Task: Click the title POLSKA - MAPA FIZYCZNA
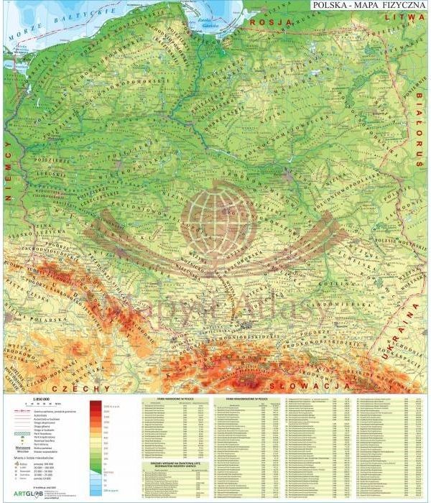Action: click(x=367, y=6)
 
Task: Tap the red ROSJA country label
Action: click(x=269, y=22)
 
